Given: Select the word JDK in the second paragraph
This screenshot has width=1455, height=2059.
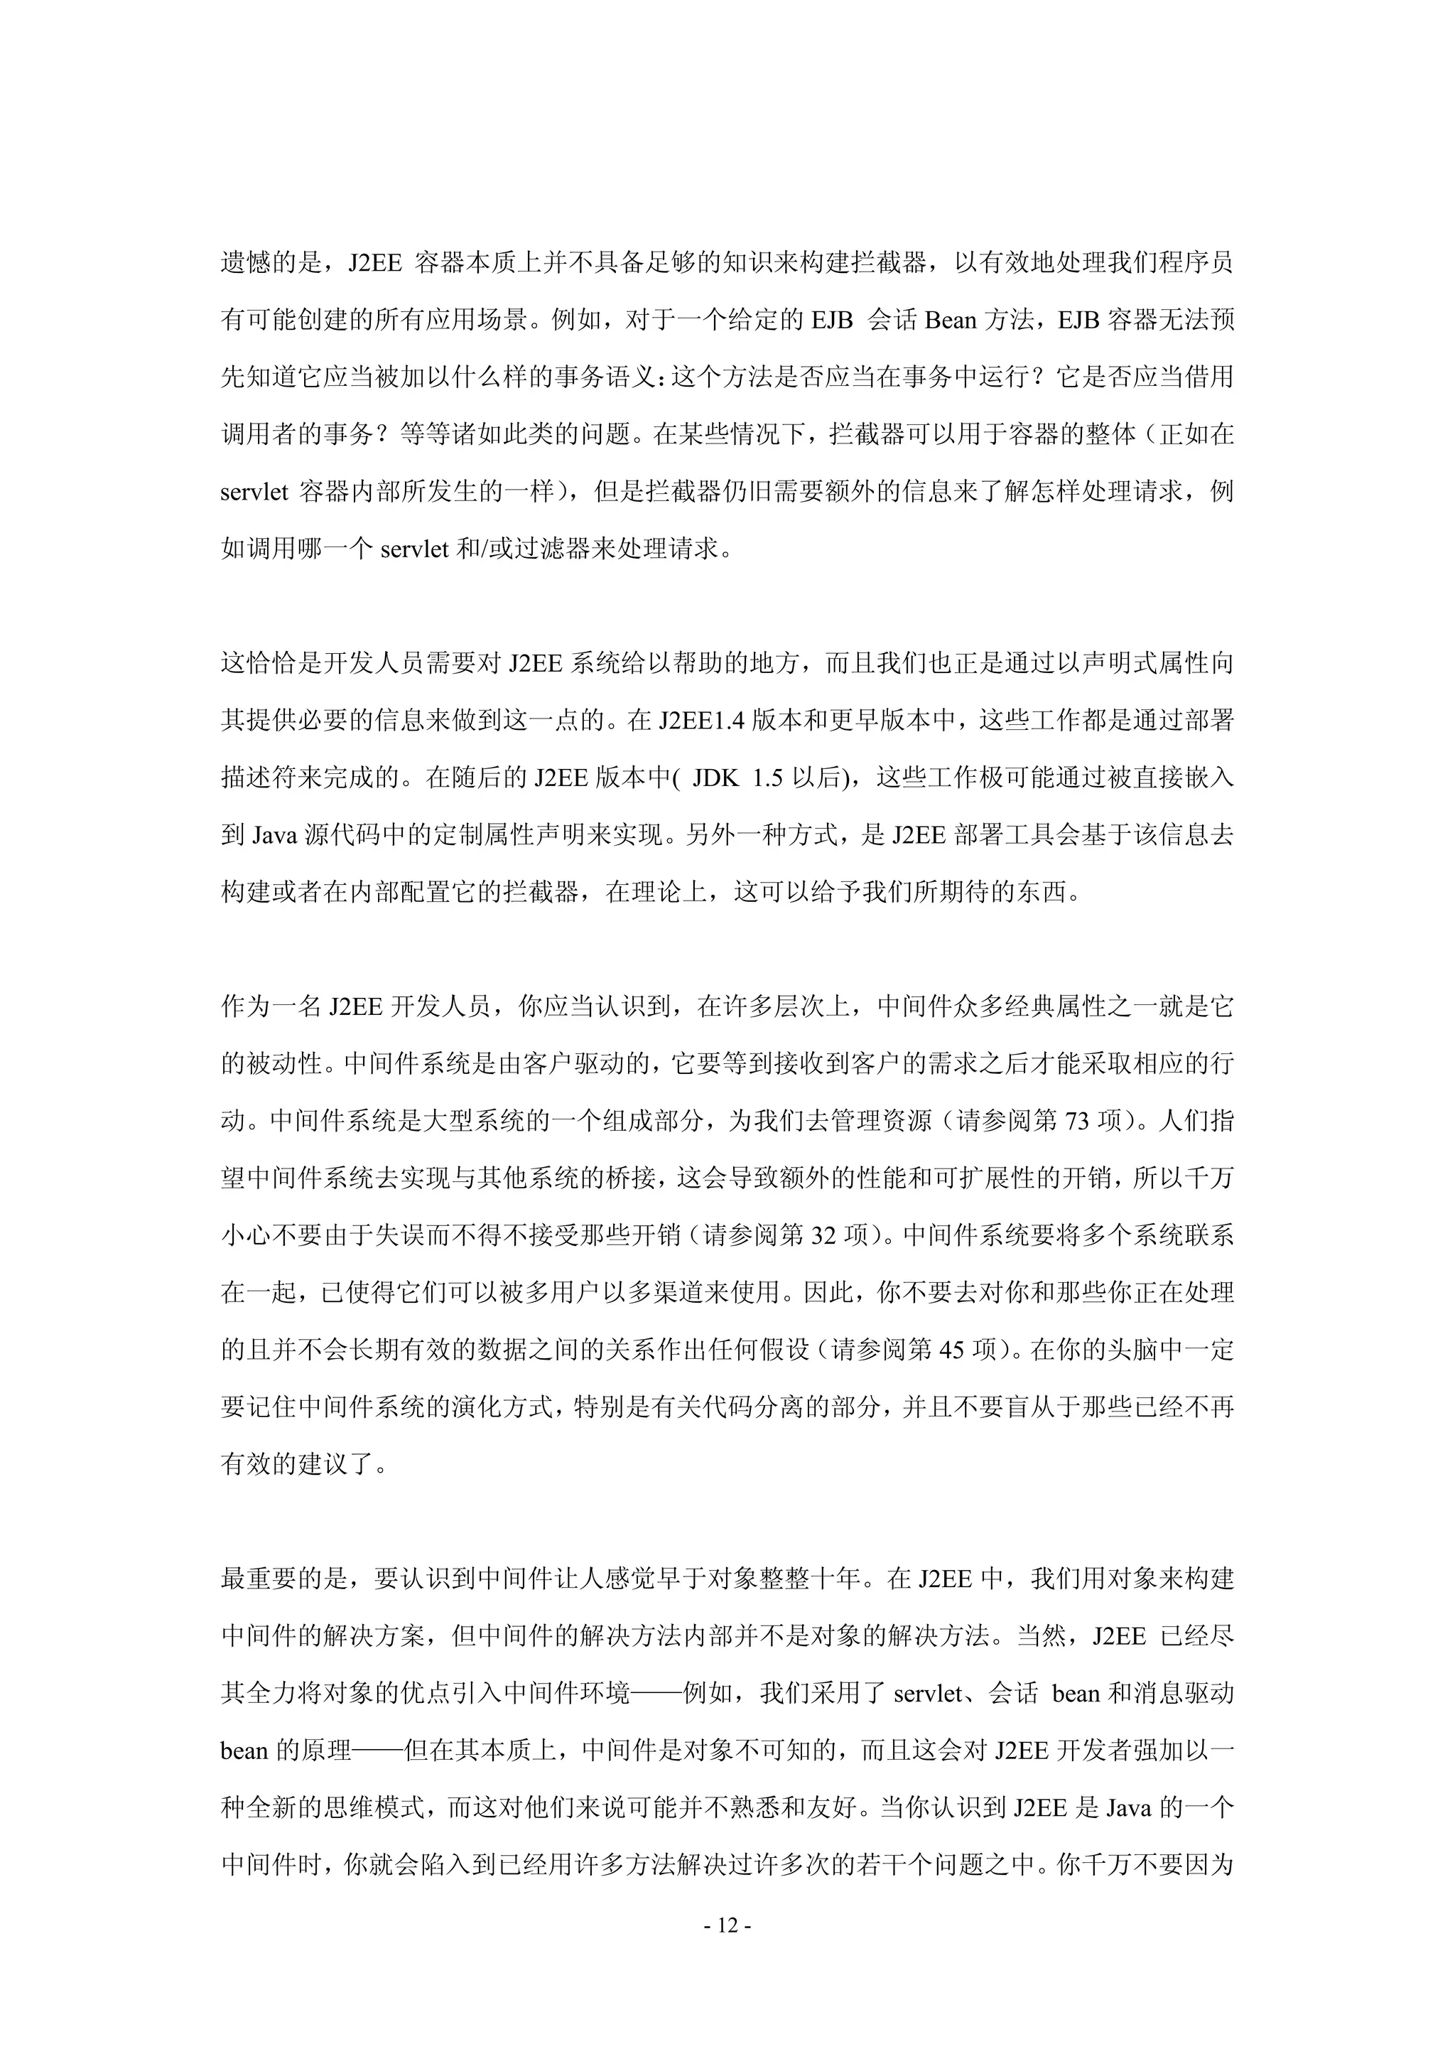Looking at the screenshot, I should [x=715, y=778].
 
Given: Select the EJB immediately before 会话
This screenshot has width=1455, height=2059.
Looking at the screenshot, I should [x=832, y=320].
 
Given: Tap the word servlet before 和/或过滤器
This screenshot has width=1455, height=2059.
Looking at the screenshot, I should [x=413, y=549].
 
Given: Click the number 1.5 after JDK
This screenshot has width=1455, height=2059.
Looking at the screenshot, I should [x=768, y=778].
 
